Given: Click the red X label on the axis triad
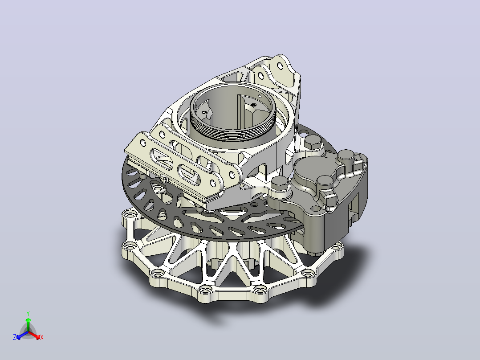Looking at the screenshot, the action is point(42,337).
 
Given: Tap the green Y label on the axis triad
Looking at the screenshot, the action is point(28,313).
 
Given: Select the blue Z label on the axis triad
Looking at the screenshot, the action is point(15,337).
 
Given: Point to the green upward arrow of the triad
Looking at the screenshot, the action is point(28,324).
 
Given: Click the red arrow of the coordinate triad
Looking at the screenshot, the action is point(34,335).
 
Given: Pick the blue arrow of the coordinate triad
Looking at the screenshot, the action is point(22,335).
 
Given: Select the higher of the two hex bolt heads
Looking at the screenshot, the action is point(313,142).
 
